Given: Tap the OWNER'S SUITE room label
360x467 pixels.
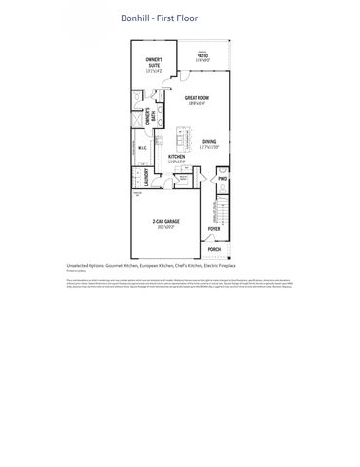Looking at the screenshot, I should click(154, 63).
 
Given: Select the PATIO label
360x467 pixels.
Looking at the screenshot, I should click(202, 56).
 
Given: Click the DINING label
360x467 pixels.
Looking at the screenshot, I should click(209, 142).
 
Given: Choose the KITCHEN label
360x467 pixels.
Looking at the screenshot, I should click(177, 156).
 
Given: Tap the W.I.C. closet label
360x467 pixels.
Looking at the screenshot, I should click(141, 149).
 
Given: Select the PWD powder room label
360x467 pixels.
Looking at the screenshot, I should click(222, 180).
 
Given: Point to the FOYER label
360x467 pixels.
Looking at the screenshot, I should click(214, 230).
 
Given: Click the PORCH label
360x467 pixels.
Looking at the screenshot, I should click(213, 249).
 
